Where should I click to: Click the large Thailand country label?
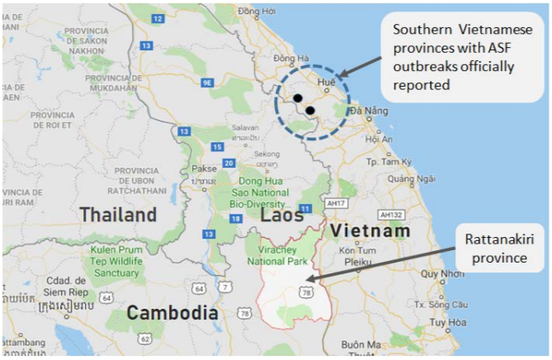[x=117, y=216]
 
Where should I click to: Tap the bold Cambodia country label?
[x=172, y=314]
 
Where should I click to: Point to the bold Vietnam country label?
[x=369, y=231]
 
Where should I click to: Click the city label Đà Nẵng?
[x=367, y=111]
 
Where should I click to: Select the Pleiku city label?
[x=348, y=262]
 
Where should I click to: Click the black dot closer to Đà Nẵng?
[x=310, y=110]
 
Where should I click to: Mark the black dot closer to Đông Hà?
[x=297, y=98]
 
